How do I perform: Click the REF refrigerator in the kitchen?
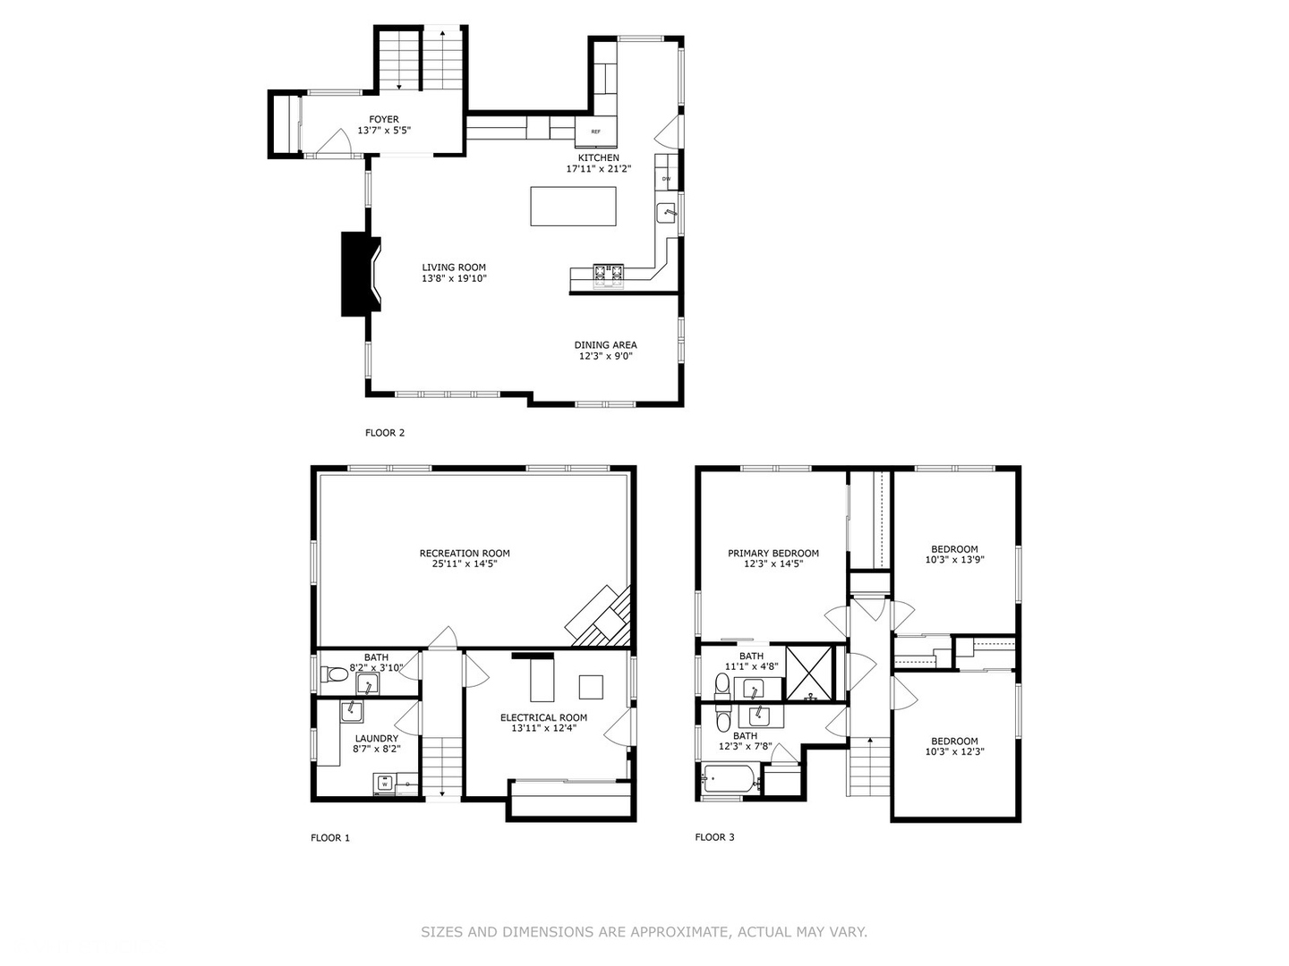[x=595, y=131]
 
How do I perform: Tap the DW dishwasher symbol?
[x=666, y=179]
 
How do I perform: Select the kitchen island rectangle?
[x=573, y=207]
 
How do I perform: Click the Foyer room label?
[x=384, y=120]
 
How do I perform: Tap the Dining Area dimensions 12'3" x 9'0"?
[x=605, y=356]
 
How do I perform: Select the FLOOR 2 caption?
[x=385, y=433]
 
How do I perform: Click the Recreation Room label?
[x=465, y=553]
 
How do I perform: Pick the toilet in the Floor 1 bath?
[x=334, y=674]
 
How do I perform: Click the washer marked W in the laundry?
[x=383, y=784]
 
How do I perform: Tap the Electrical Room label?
[x=543, y=717]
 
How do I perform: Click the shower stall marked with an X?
[x=809, y=673]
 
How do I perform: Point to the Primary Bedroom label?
[x=773, y=553]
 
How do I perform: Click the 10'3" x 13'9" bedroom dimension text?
[x=955, y=560]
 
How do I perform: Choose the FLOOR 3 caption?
[x=714, y=837]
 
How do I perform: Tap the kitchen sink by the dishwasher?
[x=667, y=212]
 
